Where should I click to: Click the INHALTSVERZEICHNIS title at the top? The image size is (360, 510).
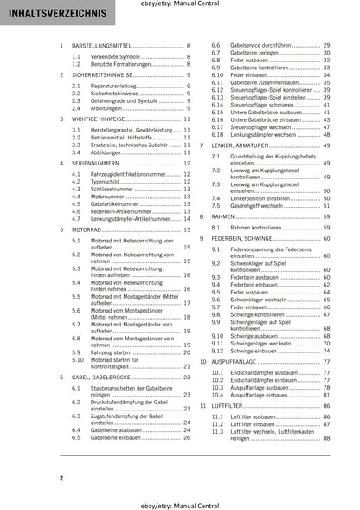tap(53, 15)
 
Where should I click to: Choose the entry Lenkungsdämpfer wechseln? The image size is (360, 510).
tap(258, 134)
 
